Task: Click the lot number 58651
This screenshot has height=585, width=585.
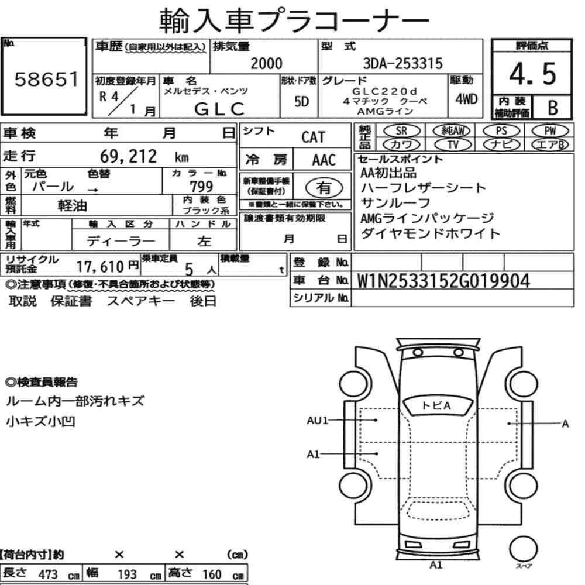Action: pyautogui.click(x=47, y=80)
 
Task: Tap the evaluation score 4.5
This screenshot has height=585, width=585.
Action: pyautogui.click(x=532, y=74)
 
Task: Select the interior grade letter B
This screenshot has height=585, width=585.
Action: pyautogui.click(x=553, y=108)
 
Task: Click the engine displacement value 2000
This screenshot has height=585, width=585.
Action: pyautogui.click(x=266, y=63)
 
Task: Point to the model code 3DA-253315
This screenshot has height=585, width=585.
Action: pyautogui.click(x=402, y=63)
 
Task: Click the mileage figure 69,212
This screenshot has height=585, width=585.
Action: pyautogui.click(x=128, y=156)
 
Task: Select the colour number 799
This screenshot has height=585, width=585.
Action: pyautogui.click(x=201, y=186)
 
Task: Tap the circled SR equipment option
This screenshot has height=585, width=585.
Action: pyautogui.click(x=402, y=131)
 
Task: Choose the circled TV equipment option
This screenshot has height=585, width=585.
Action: pyautogui.click(x=453, y=144)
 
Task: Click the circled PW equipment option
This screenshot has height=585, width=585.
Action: pyautogui.click(x=550, y=131)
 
